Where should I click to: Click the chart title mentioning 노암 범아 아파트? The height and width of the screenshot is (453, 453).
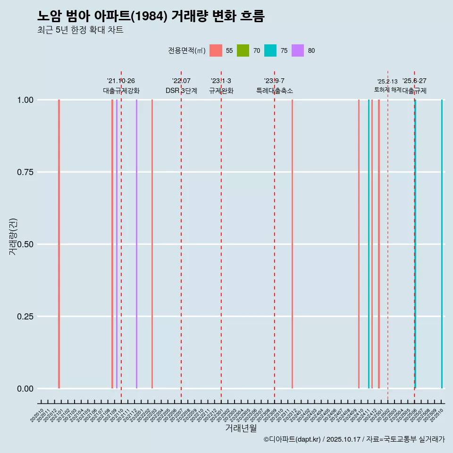pyautogui.click(x=151, y=16)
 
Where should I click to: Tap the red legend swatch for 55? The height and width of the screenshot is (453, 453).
pyautogui.click(x=216, y=50)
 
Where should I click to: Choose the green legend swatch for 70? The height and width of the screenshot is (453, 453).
pyautogui.click(x=243, y=50)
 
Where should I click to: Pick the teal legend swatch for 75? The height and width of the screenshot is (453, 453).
pyautogui.click(x=270, y=50)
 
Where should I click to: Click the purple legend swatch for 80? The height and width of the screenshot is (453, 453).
pyautogui.click(x=298, y=50)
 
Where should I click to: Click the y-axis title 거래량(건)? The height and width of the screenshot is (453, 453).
pyautogui.click(x=13, y=236)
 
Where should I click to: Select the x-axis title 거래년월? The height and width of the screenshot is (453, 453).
pyautogui.click(x=241, y=428)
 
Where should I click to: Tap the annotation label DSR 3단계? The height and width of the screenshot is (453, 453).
pyautogui.click(x=181, y=91)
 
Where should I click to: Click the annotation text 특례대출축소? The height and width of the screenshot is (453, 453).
pyautogui.click(x=274, y=91)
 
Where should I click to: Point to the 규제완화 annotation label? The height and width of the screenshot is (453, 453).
pyautogui.click(x=221, y=91)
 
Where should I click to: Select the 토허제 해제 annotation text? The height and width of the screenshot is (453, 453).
pyautogui.click(x=387, y=89)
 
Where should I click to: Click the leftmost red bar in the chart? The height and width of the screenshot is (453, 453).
pyautogui.click(x=59, y=244)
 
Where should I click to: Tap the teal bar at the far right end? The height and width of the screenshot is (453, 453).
pyautogui.click(x=442, y=244)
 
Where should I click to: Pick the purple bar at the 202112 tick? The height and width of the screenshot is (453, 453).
pyautogui.click(x=136, y=244)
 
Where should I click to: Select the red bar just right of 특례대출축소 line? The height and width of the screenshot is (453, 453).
pyautogui.click(x=292, y=244)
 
